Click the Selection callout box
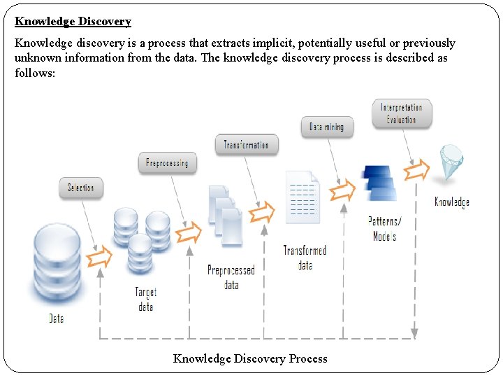[81, 188]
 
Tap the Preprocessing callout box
[167, 163]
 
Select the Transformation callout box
[246, 145]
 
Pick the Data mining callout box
[327, 127]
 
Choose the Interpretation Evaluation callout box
[402, 113]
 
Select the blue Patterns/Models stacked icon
[379, 183]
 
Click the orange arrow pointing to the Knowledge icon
[418, 170]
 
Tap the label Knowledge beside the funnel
[451, 202]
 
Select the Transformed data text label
[305, 258]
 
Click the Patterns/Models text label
[384, 229]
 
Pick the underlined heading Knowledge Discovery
[73, 22]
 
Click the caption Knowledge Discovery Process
[250, 358]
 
